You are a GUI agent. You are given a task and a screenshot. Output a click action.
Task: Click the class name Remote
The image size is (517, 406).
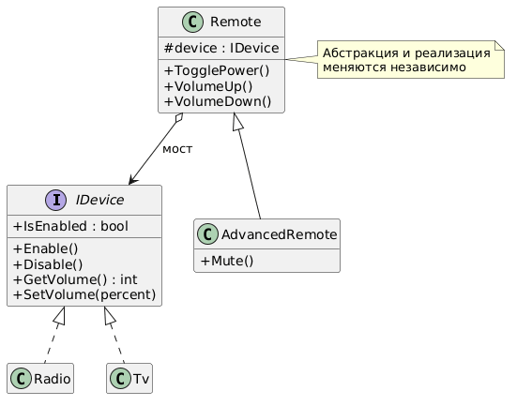236,22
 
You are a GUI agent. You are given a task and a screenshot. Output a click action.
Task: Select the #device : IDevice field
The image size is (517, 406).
221,48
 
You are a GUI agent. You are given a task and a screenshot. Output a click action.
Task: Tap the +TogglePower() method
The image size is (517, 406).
217,70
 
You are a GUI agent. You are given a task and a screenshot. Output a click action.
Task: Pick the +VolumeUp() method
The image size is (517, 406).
208,86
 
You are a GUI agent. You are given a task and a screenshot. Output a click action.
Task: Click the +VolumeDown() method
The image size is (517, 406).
218,101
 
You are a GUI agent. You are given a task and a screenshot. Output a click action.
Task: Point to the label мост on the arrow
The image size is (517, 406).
177,149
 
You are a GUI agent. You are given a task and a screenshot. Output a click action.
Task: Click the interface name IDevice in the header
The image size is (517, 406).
99,200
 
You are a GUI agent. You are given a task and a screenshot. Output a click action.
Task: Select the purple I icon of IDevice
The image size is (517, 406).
55,200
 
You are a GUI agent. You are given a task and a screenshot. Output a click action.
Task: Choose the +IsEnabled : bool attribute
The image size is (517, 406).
70,226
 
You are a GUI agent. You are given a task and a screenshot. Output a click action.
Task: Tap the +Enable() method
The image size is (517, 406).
45,248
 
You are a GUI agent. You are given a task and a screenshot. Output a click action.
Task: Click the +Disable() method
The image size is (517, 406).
48,264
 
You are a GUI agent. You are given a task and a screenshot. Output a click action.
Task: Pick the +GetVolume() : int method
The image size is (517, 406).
75,279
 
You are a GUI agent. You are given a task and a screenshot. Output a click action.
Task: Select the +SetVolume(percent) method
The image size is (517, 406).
84,294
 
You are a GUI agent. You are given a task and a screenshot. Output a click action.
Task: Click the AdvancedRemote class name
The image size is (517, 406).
280,234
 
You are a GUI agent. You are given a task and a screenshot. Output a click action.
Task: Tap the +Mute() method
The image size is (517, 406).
227,261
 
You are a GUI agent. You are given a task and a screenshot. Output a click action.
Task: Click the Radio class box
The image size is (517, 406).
40,378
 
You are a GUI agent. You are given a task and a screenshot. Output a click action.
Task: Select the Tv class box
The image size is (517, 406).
129,378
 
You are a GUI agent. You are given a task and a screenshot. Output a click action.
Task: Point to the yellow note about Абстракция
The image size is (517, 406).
411,60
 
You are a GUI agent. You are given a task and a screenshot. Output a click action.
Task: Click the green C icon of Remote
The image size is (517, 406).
192,22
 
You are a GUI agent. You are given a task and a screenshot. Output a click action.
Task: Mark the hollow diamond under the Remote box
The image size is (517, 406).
179,118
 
